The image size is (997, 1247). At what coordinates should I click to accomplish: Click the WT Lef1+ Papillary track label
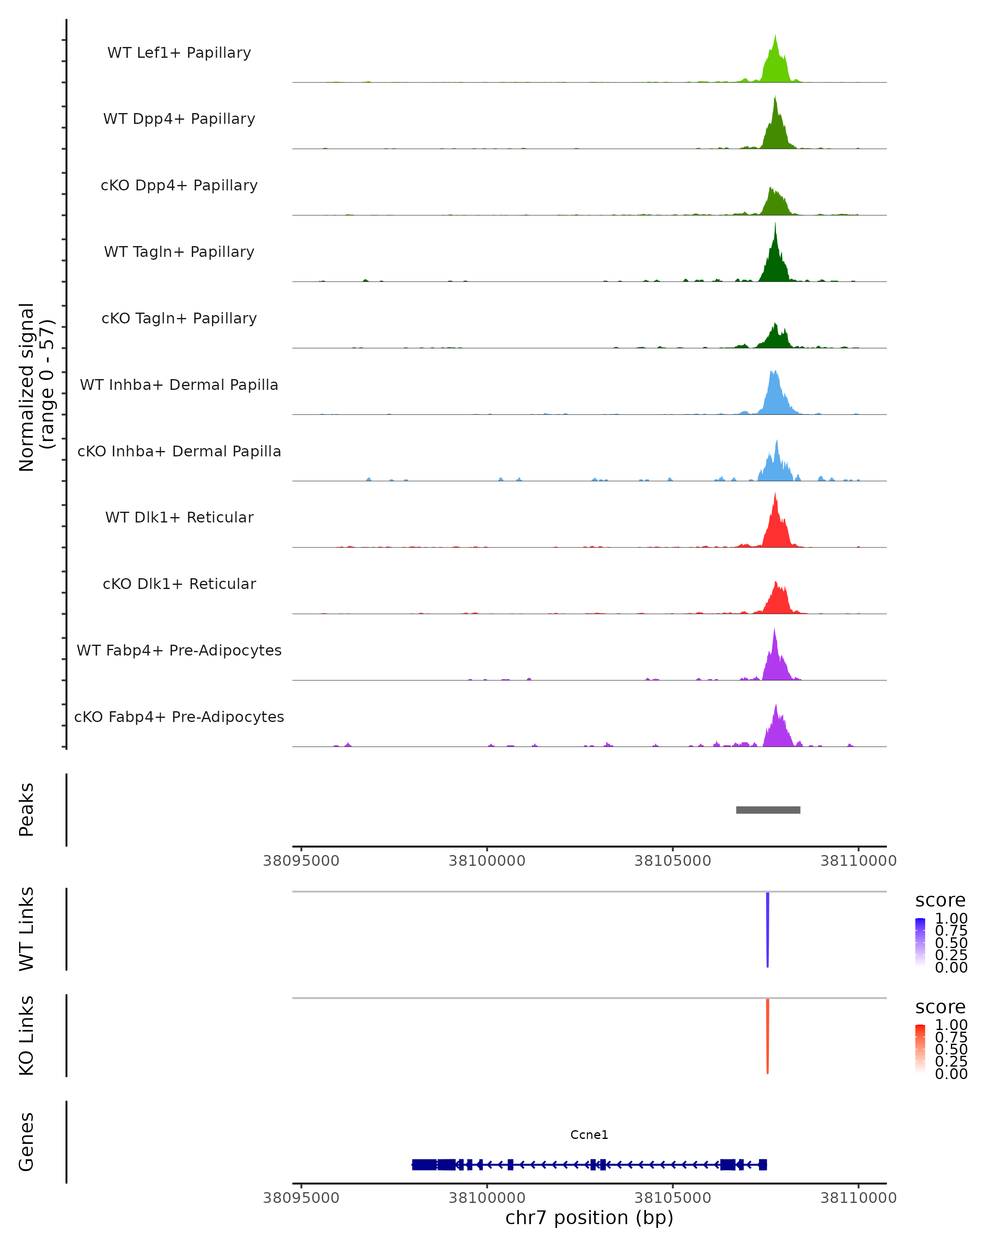[x=179, y=53]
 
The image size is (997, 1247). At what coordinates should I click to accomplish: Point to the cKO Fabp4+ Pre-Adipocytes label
[x=179, y=717]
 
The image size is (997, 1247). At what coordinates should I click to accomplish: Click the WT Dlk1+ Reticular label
[x=179, y=517]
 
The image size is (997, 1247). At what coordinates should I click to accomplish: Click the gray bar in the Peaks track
[x=768, y=810]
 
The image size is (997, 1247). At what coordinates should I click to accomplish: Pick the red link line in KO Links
[x=768, y=1035]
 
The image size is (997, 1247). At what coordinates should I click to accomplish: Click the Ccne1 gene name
[x=589, y=1135]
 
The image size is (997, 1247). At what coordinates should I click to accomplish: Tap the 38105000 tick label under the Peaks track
[x=673, y=861]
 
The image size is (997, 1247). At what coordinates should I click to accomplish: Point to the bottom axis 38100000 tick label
[x=487, y=1198]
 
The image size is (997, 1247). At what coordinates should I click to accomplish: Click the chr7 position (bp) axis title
[x=589, y=1218]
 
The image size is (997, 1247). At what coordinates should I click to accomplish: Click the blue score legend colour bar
[x=920, y=941]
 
